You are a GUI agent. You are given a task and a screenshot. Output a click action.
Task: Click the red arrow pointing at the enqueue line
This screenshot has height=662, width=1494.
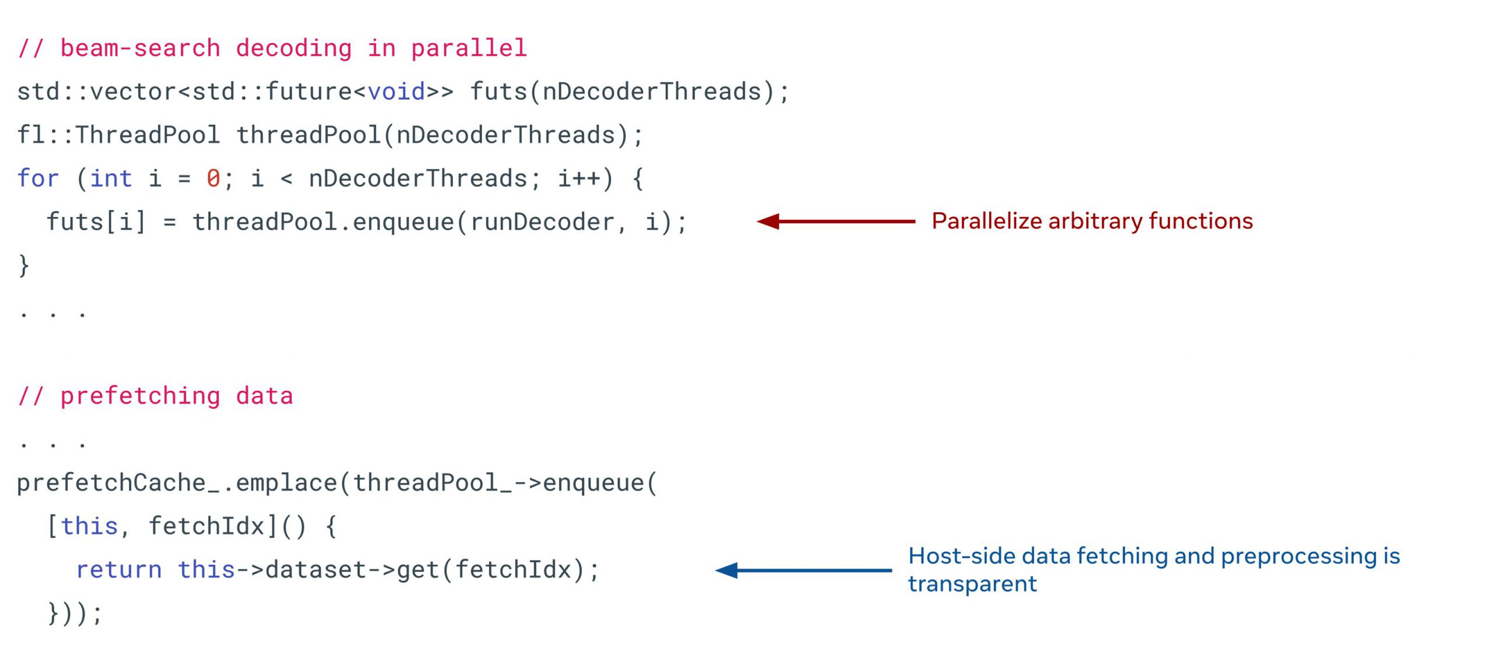tap(836, 221)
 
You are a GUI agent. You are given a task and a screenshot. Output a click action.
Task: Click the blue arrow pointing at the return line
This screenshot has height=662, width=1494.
tap(803, 570)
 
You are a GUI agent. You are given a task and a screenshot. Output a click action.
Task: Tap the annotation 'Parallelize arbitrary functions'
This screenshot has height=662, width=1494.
tap(1092, 221)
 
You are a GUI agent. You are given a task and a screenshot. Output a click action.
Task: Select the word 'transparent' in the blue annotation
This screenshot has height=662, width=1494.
tap(972, 584)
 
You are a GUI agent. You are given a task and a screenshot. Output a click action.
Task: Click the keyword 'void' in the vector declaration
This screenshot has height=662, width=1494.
tap(396, 92)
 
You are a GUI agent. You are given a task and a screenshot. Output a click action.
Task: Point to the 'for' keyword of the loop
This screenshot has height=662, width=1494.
tap(38, 178)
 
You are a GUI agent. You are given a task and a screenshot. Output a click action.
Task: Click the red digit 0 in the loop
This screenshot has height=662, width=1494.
tap(213, 178)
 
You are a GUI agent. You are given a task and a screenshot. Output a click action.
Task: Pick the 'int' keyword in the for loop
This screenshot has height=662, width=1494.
tap(111, 178)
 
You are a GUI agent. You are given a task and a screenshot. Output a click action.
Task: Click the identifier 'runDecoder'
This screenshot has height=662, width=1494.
tap(542, 222)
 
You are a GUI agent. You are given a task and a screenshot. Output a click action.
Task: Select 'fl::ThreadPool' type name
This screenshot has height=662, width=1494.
tap(118, 135)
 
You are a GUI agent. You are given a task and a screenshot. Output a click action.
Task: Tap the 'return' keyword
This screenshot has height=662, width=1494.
tap(119, 570)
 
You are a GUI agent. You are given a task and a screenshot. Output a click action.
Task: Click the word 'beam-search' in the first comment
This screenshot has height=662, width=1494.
tap(140, 48)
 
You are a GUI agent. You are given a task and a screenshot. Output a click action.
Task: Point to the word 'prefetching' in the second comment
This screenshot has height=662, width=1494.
tap(140, 397)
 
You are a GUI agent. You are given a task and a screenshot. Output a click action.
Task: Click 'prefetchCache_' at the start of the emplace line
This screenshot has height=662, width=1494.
tap(118, 484)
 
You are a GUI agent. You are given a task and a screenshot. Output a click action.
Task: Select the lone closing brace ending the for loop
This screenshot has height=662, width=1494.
tap(24, 265)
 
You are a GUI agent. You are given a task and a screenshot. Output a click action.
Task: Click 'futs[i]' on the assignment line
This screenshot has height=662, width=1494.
tap(96, 222)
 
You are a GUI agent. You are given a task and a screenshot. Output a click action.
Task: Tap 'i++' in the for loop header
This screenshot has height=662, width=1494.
tap(578, 178)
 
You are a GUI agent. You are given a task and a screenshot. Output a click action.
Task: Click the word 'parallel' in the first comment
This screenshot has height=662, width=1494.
tap(469, 48)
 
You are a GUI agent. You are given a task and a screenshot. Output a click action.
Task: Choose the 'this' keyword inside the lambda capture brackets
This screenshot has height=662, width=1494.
tap(90, 527)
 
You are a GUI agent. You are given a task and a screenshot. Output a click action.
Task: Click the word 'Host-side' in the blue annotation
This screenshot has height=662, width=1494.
tap(962, 556)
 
